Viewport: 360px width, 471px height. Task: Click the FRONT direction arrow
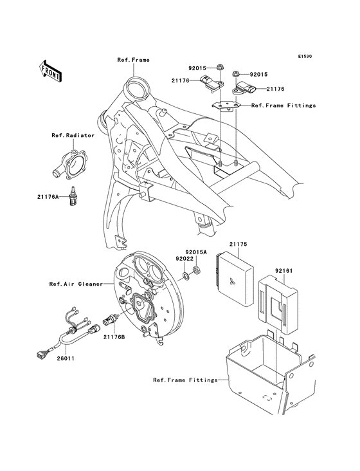tap(51, 70)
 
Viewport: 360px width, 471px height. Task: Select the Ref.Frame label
tap(133, 60)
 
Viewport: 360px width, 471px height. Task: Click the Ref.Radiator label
tap(73, 136)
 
